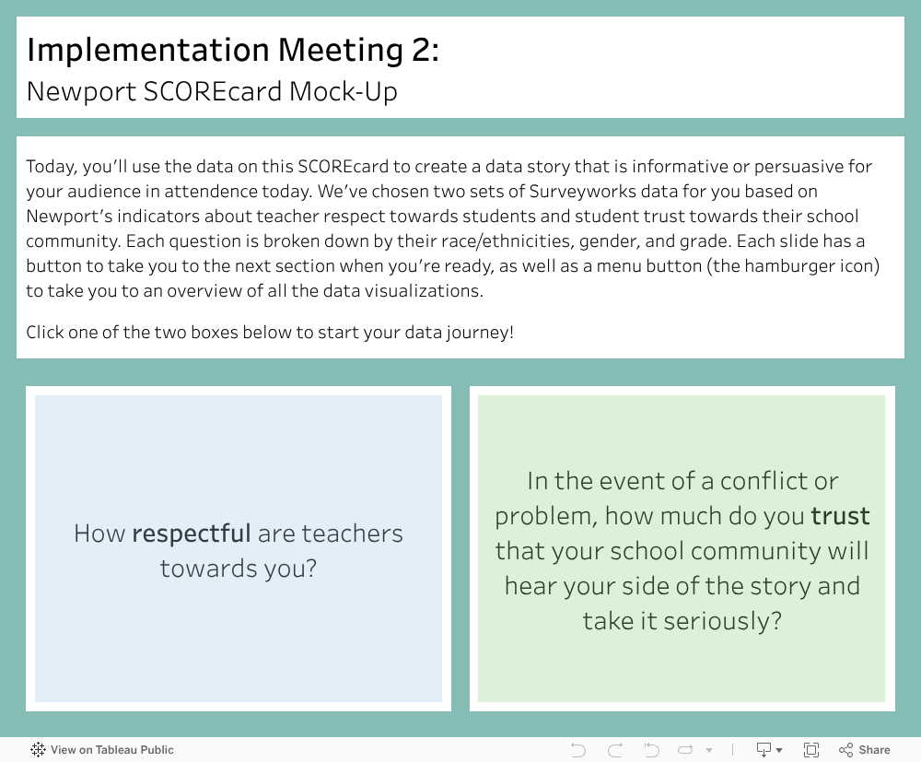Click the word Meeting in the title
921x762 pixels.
[340, 51]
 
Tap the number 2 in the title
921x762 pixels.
[423, 50]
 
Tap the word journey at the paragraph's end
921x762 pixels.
[480, 334]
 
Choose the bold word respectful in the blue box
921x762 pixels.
[192, 534]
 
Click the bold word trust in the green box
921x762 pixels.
[840, 516]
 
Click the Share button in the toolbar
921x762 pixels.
[865, 750]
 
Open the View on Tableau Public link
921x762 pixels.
[112, 750]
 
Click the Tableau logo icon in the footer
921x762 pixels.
[38, 750]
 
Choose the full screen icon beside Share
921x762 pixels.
[811, 750]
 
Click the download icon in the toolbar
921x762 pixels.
[764, 750]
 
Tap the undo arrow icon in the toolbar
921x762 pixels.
[578, 750]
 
